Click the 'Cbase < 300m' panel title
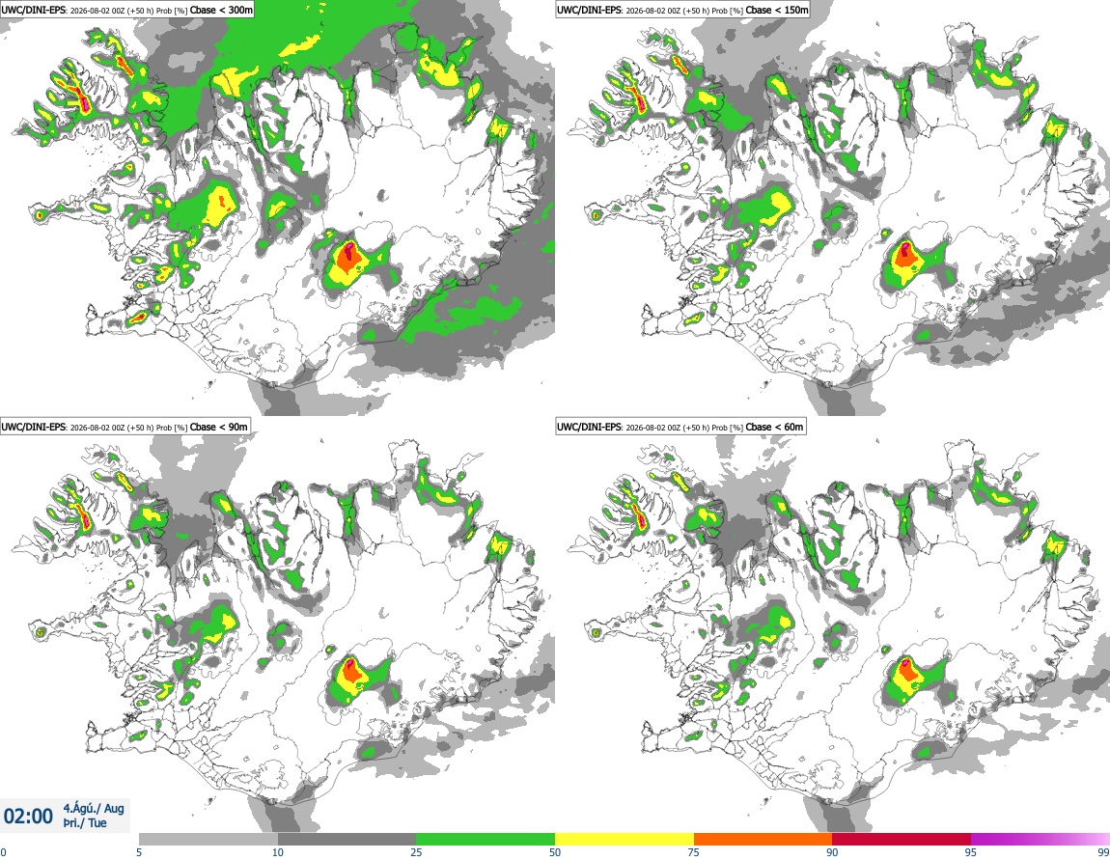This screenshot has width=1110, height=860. pos(221,10)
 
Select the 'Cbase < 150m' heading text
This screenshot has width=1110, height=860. pos(777,10)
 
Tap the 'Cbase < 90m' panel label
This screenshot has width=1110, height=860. pos(219,427)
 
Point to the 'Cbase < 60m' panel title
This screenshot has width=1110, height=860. pos(774,427)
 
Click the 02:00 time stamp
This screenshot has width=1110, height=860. pos(28,817)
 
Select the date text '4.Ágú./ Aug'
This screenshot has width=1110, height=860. pos(94,808)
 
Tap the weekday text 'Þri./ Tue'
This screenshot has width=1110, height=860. pos(85,823)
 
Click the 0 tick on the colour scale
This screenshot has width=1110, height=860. pos(3,852)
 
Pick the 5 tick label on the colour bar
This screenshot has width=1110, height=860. pos(139,852)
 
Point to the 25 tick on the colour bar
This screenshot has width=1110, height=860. pos(416,852)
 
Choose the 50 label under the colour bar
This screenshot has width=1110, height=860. pos(555,852)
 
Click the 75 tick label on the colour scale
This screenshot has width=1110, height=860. pos(694,852)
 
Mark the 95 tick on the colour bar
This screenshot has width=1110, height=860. pos(971,852)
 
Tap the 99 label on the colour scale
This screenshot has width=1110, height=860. pos(1103,852)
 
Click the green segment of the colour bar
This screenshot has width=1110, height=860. pos(486,840)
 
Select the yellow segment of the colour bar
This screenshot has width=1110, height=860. pos(624,840)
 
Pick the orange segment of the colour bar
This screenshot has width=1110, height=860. pos(763,840)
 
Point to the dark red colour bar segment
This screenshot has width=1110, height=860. pos(902,840)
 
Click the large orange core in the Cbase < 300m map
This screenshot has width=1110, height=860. pos(347,259)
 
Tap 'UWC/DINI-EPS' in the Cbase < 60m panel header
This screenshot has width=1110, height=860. pos(590,427)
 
